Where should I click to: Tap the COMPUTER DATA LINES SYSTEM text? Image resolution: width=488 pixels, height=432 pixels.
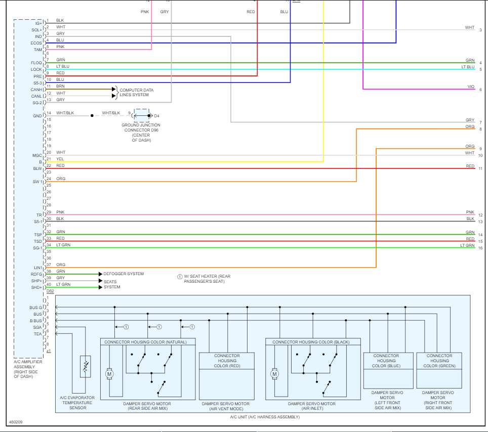[136, 93]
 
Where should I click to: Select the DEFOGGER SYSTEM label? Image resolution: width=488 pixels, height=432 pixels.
[124, 274]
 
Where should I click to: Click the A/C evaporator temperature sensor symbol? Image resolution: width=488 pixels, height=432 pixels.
[86, 366]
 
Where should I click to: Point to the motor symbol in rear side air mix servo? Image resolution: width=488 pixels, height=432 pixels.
[108, 374]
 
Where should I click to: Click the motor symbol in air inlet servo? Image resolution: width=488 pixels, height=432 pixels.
[274, 374]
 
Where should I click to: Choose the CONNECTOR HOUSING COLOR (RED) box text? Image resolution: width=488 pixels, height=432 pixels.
[227, 361]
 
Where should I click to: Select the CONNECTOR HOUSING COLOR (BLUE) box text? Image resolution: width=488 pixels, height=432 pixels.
[386, 361]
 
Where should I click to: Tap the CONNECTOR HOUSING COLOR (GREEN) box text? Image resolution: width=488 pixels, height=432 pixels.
[439, 361]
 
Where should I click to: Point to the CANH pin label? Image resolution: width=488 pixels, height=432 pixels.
[36, 90]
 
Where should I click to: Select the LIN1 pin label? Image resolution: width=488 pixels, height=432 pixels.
[37, 267]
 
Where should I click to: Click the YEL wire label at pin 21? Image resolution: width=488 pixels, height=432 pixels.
[60, 159]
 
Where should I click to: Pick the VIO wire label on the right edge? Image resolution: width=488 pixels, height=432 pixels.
[471, 87]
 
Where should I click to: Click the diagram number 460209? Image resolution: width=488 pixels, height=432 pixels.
[16, 421]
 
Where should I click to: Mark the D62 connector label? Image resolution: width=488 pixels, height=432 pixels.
[50, 291]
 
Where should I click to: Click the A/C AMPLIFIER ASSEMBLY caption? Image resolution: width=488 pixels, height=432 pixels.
[28, 369]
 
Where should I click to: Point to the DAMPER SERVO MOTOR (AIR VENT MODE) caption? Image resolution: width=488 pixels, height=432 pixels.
[225, 406]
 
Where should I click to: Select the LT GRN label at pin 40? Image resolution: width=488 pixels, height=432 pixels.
[63, 284]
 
